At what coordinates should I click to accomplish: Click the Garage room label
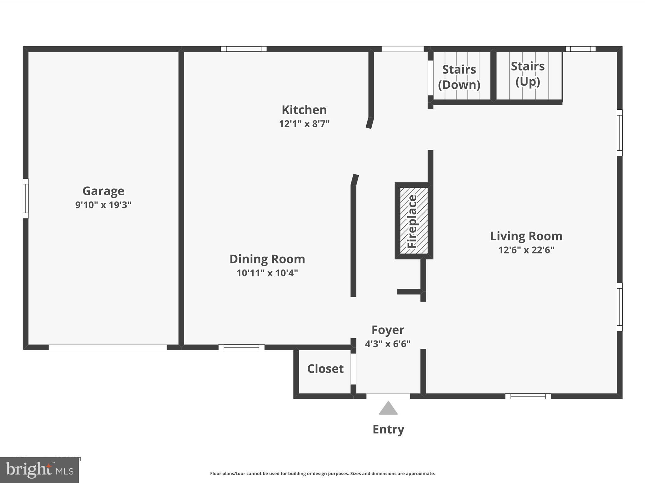[x=103, y=191]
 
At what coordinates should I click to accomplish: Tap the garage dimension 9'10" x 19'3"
[x=103, y=205]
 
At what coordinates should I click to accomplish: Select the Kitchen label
[x=304, y=110]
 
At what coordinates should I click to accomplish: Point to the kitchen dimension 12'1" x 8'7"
[x=304, y=124]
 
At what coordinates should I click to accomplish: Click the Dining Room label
[x=267, y=259]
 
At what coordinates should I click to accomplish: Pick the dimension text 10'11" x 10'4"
[x=267, y=273]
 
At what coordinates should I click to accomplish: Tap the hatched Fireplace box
[x=414, y=221]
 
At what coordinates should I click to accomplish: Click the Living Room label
[x=526, y=236]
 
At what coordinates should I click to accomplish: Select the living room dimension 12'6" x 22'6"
[x=526, y=250]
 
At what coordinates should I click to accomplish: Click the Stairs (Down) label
[x=459, y=77]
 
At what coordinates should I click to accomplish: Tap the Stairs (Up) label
[x=528, y=74]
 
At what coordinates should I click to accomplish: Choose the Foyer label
[x=388, y=330]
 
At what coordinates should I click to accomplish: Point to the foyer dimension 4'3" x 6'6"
[x=388, y=344]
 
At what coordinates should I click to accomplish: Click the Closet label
[x=325, y=369]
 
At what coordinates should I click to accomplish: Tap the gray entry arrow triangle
[x=388, y=409]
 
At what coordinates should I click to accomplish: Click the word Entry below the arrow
[x=388, y=429]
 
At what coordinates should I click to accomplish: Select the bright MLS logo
[x=39, y=470]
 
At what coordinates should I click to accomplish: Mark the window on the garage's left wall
[x=26, y=198]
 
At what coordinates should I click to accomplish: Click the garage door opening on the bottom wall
[x=108, y=347]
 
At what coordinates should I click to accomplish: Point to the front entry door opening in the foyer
[x=388, y=396]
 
